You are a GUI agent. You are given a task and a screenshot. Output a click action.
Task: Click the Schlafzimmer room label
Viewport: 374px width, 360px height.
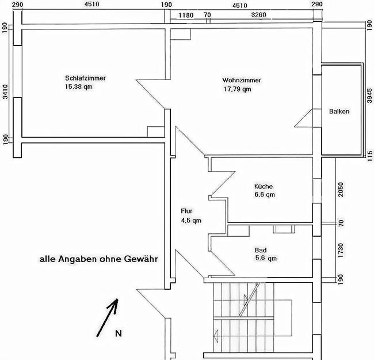pos(85,78)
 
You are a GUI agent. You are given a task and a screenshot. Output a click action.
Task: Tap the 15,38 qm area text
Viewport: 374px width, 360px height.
pos(79,87)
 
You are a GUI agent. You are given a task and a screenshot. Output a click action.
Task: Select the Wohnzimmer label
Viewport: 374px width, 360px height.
pos(242,80)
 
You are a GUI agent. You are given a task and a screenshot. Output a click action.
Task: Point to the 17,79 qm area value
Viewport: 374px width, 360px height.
pos(237,89)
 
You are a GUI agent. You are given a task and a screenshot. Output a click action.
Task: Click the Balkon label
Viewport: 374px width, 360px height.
pos(339,112)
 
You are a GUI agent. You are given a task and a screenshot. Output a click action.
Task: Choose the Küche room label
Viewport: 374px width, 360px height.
pos(264,186)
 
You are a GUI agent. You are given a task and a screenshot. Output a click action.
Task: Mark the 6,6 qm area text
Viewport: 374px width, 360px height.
pos(265,195)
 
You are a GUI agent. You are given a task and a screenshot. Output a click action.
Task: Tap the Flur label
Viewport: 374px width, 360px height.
pos(186,211)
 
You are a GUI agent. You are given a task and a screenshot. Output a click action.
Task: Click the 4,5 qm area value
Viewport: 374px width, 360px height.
pos(191,220)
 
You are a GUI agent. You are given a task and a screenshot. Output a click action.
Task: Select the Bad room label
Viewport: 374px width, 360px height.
pos(261,250)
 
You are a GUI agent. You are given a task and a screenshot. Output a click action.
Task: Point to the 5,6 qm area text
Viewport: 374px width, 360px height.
pos(265,259)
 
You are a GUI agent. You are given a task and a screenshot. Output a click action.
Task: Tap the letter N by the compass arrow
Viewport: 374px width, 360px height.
pos(118,334)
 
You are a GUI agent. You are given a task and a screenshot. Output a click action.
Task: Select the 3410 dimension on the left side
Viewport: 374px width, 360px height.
pos(5,92)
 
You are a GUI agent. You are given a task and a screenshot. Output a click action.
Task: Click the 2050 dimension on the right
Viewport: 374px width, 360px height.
pos(340,189)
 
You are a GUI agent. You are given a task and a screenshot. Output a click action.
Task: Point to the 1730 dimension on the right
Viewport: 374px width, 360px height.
pos(340,251)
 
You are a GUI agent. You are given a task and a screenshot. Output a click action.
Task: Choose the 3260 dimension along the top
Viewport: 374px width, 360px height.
pos(259,15)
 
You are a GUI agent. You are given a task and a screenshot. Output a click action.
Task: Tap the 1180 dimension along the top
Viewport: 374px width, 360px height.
pos(186,15)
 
